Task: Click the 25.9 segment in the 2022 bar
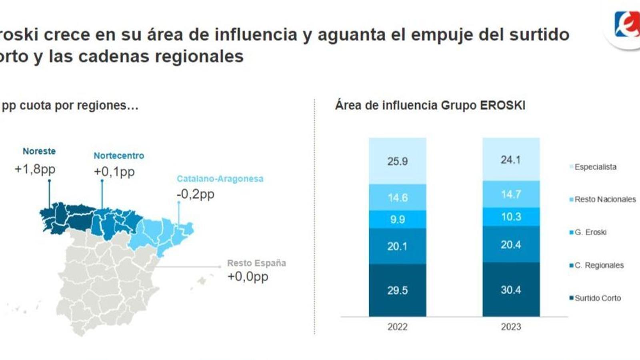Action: coord(397,161)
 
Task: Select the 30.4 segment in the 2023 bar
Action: coord(511,290)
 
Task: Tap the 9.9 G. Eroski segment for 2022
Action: coord(397,219)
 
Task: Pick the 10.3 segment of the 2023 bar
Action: coord(511,217)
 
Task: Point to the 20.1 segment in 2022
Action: coord(397,246)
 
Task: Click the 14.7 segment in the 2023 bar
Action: coord(511,194)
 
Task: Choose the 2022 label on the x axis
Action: coord(397,327)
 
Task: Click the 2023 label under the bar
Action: coord(511,327)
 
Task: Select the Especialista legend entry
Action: coord(595,167)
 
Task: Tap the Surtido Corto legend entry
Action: coord(597,298)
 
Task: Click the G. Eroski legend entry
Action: coord(590,232)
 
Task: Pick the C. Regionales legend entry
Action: coord(598,265)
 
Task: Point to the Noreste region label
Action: coord(39,151)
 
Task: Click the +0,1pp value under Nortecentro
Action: coord(114,172)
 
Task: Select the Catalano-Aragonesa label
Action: coord(220,179)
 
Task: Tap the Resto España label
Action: coord(256,263)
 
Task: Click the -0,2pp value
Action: coord(196,194)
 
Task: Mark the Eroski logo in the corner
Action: coord(626,25)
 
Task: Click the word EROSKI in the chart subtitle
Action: coord(502,106)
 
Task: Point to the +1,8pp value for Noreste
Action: coord(35,169)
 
